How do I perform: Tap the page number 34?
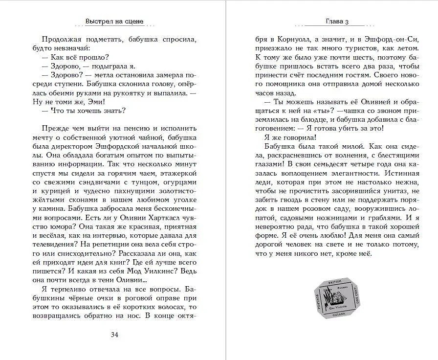[114, 334]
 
